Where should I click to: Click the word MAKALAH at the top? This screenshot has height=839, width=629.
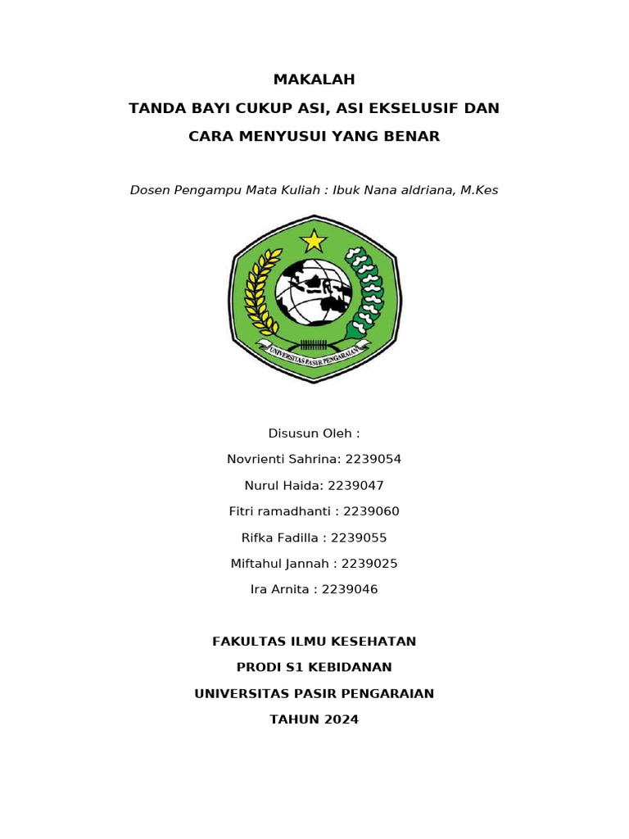(314, 79)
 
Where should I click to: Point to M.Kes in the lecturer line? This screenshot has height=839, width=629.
(479, 190)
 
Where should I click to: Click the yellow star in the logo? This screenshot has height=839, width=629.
(314, 241)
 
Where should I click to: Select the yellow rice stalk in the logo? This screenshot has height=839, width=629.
(262, 291)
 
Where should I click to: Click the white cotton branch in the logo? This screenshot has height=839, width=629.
(366, 291)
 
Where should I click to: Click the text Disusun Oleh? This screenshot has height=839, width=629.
(314, 433)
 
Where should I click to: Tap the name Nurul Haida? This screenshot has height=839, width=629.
(282, 486)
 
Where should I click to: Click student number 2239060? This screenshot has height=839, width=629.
(371, 512)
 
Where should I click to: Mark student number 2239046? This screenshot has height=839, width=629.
(350, 590)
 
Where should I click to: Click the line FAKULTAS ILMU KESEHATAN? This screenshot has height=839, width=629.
(314, 642)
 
